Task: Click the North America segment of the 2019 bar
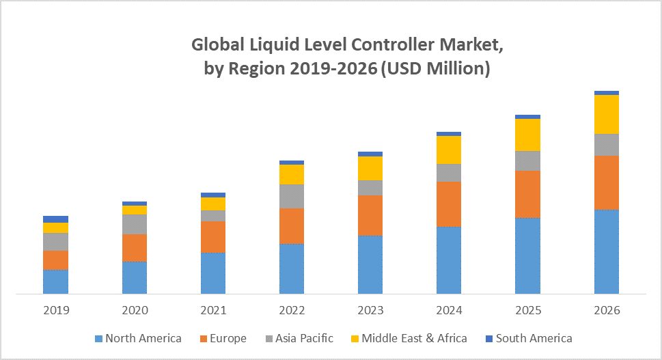click(x=55, y=281)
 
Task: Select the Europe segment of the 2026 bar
click(x=607, y=182)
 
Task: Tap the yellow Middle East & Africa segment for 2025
click(x=527, y=135)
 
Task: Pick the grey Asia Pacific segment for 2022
click(x=292, y=196)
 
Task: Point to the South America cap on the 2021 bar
click(x=213, y=195)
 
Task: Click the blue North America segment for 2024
click(x=449, y=260)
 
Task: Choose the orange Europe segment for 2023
click(x=370, y=215)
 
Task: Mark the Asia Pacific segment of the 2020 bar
click(x=135, y=224)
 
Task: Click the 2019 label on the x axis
click(x=56, y=310)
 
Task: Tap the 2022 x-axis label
click(x=292, y=310)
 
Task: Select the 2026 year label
click(x=607, y=310)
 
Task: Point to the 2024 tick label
click(x=449, y=310)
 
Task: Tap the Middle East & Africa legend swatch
click(x=354, y=339)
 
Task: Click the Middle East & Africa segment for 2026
click(x=607, y=114)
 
